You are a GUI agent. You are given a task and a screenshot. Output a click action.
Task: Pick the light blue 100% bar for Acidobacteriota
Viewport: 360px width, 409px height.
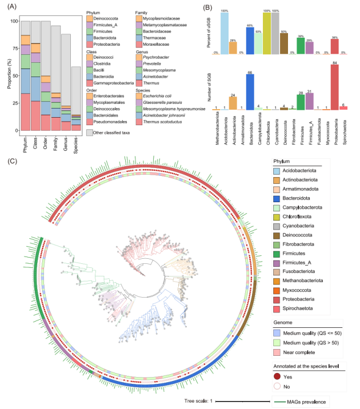pos(225,33)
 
